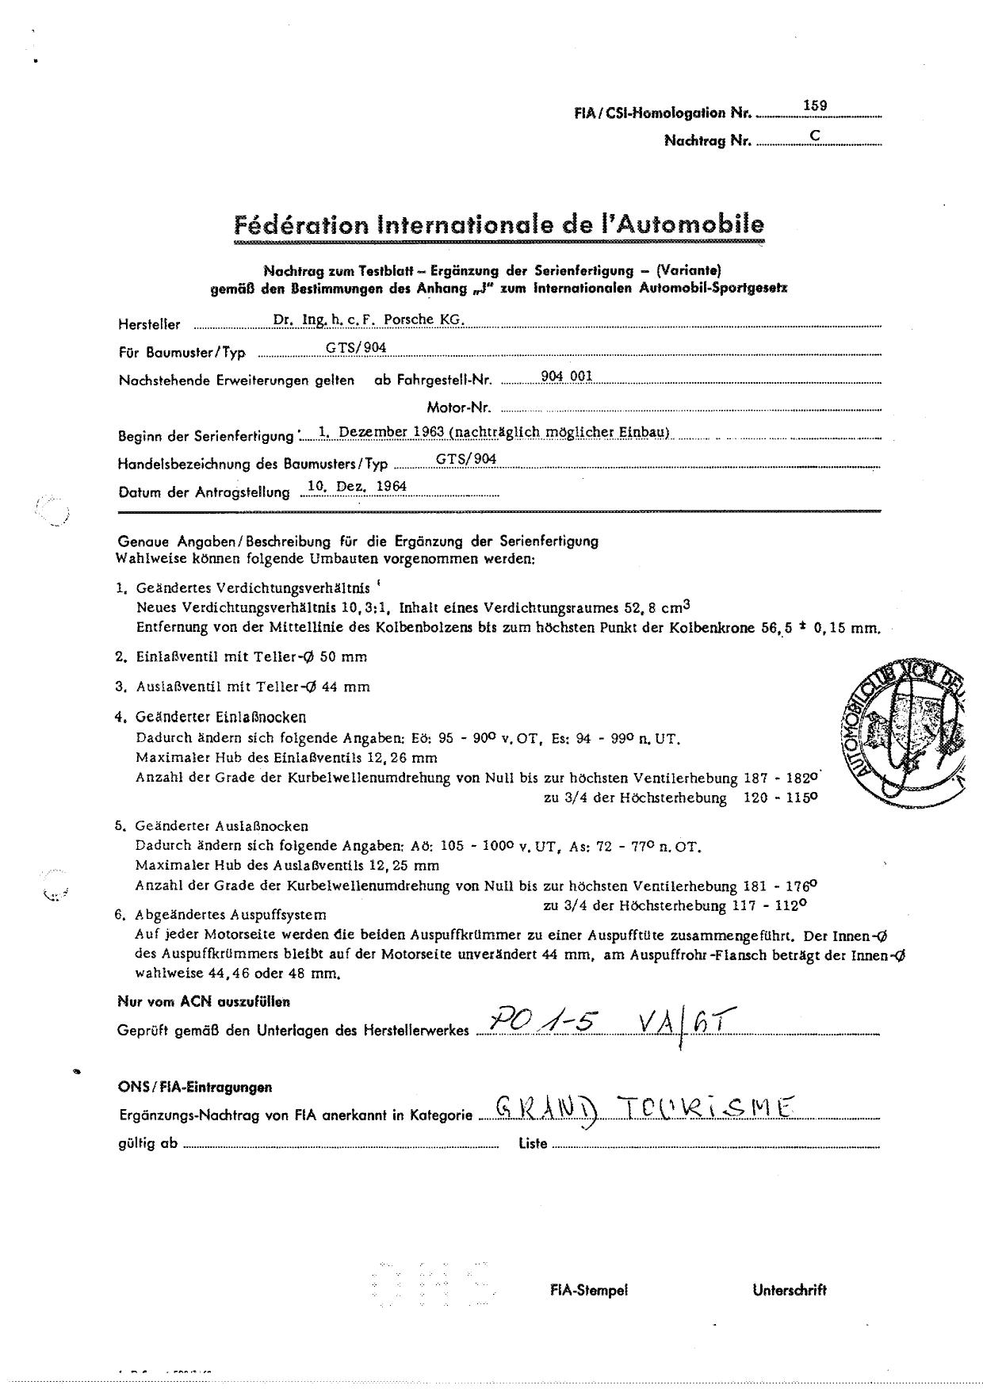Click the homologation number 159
pyautogui.click(x=815, y=105)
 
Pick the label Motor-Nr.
pyautogui.click(x=459, y=408)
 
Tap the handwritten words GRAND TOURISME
pyautogui.click(x=643, y=1108)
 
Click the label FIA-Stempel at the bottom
pyautogui.click(x=589, y=1290)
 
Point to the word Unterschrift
pyautogui.click(x=789, y=1290)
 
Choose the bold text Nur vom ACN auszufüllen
pyautogui.click(x=204, y=1001)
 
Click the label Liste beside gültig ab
pyautogui.click(x=533, y=1144)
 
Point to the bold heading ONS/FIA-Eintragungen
pyautogui.click(x=195, y=1087)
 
